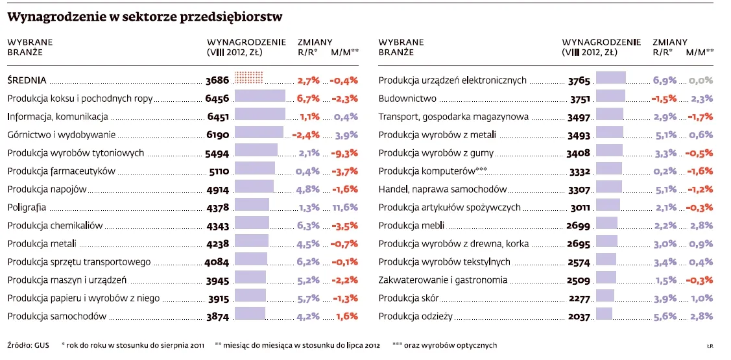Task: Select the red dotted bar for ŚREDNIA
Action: tap(248, 78)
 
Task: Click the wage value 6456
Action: tap(217, 99)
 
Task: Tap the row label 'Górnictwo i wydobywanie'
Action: tap(62, 135)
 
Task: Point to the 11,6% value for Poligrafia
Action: tap(344, 208)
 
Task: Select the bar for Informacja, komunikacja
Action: tap(259, 117)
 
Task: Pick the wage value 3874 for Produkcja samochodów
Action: tap(217, 317)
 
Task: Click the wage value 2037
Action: tap(579, 317)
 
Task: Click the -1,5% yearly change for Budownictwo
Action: tap(664, 99)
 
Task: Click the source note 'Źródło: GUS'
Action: tap(28, 345)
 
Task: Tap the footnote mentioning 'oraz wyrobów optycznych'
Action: tap(444, 345)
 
